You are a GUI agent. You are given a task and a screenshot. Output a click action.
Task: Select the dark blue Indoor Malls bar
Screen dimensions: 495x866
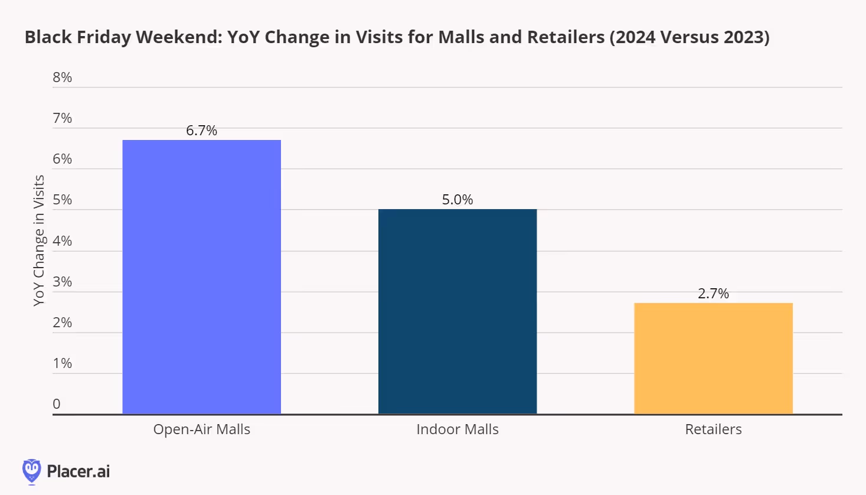coord(457,311)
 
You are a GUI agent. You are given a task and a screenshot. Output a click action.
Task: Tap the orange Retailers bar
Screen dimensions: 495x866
coord(713,358)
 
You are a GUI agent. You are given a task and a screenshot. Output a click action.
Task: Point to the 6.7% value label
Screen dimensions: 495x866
coord(201,131)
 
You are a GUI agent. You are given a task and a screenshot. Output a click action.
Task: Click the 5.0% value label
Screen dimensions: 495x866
coord(457,200)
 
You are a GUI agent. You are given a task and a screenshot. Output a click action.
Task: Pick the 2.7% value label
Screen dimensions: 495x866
coord(713,294)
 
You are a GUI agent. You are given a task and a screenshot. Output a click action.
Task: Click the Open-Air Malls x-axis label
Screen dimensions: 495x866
coord(201,429)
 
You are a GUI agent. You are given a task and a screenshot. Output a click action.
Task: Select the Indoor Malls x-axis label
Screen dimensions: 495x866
coord(457,429)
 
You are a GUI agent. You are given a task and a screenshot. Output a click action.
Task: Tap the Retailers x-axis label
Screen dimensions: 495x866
coord(713,429)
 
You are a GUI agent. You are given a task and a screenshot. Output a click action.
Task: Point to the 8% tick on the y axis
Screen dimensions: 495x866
coord(62,77)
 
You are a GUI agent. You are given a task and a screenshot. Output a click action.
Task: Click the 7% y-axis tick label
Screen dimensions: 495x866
coord(62,118)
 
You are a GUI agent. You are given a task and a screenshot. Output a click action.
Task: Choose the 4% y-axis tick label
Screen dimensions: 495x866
coord(62,241)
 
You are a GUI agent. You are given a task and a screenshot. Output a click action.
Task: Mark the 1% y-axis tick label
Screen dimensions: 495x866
coord(62,363)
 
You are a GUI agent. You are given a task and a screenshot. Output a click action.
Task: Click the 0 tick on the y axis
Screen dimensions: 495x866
coord(57,404)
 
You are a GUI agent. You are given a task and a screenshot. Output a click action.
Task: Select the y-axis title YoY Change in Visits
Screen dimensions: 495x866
coord(39,240)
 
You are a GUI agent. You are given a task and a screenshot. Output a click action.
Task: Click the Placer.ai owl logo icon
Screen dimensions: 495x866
coord(31,471)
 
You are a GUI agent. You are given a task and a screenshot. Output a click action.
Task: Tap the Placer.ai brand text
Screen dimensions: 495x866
coord(78,471)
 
